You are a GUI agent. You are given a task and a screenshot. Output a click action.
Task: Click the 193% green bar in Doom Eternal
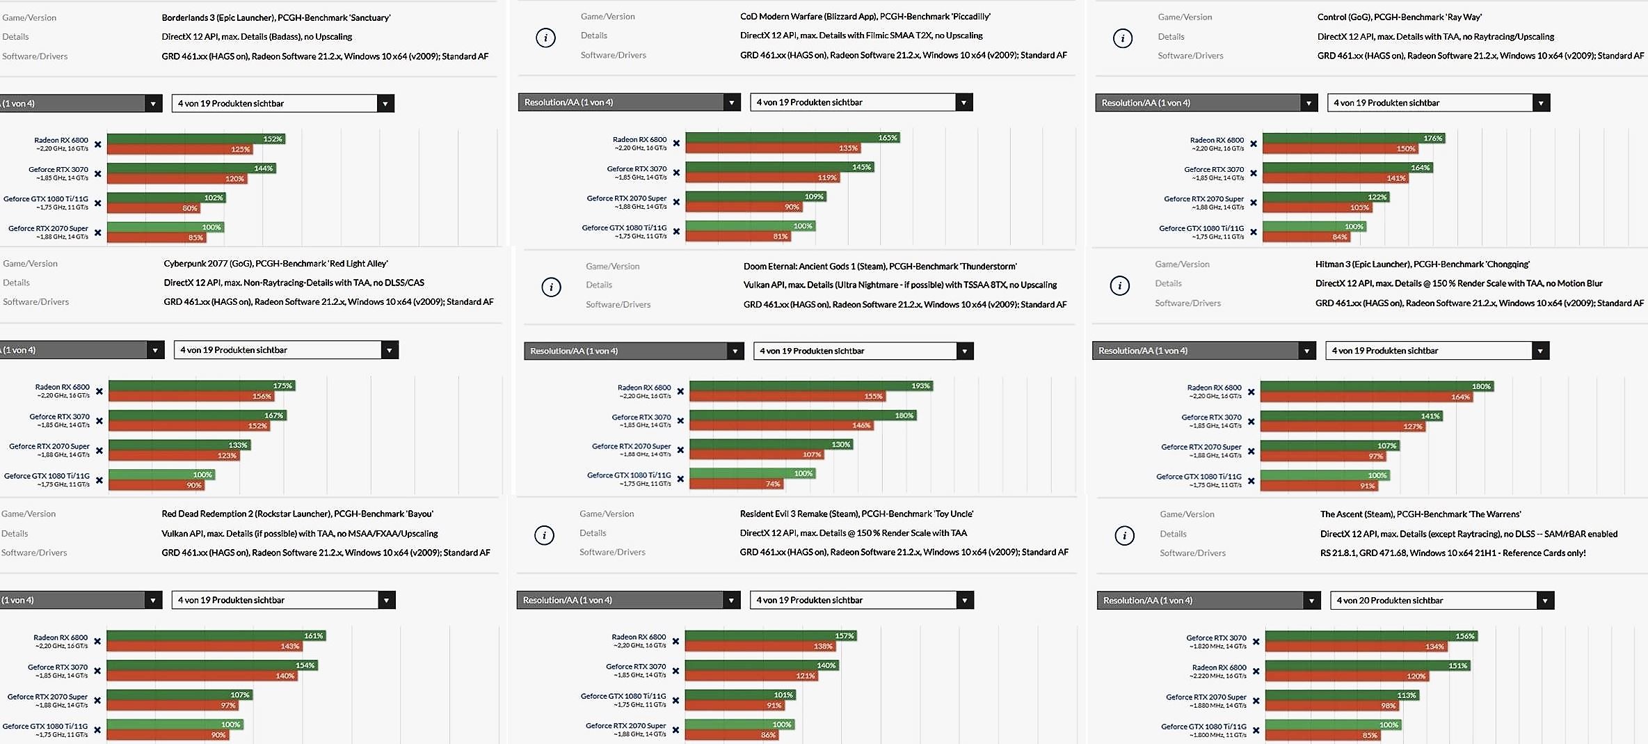coord(810,386)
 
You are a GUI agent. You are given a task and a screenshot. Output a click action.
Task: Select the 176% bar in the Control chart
coord(1353,138)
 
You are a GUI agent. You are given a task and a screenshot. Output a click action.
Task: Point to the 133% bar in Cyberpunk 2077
coord(179,445)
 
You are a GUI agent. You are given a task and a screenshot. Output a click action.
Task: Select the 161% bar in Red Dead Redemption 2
coord(216,635)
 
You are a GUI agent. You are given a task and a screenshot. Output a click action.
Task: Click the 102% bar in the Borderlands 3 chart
coord(166,198)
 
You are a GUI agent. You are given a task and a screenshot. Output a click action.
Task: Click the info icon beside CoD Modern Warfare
coord(545,38)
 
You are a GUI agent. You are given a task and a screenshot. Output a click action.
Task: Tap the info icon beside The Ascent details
coord(1124,535)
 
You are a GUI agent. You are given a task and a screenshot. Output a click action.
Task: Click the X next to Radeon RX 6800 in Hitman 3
coord(1251,392)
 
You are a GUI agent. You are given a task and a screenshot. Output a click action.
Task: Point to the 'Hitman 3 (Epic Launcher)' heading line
coord(1422,264)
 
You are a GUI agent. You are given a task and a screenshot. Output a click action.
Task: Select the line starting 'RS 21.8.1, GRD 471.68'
coord(1453,553)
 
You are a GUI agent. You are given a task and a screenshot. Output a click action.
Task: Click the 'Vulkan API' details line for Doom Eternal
coord(899,285)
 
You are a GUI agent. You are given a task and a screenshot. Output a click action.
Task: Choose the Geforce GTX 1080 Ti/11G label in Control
coord(1201,228)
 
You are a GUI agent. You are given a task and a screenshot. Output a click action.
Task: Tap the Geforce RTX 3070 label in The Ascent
coord(1216,638)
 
